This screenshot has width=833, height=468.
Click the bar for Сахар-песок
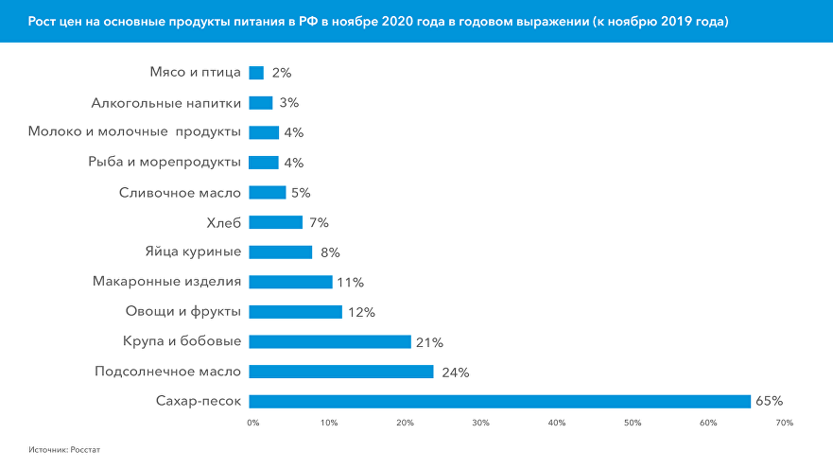(499, 402)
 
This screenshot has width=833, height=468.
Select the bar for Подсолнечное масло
(341, 372)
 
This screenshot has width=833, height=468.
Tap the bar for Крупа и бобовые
(330, 341)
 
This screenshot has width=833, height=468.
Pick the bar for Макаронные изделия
(290, 282)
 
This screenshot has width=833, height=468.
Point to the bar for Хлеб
(275, 222)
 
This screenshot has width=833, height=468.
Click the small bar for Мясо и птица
(256, 73)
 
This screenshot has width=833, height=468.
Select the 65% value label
(770, 402)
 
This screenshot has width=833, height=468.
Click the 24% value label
(456, 372)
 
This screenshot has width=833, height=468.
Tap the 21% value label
(430, 342)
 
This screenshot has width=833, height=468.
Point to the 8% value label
(330, 252)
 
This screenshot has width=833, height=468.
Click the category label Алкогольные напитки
(166, 102)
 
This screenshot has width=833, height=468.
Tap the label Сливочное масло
(180, 192)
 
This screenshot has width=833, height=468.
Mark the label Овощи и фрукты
(182, 311)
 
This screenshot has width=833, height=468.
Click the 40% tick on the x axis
(556, 423)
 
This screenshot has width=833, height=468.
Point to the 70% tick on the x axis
(784, 423)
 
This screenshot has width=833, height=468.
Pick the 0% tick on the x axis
(252, 423)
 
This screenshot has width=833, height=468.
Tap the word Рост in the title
(41, 21)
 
